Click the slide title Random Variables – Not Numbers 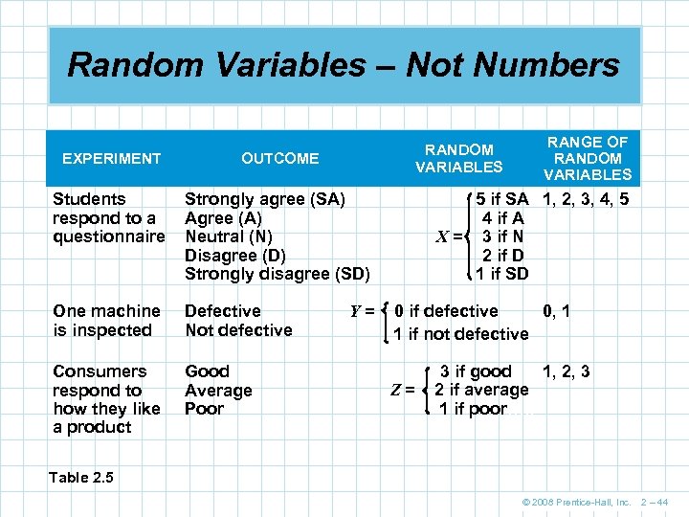[x=344, y=65]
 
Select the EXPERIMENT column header [x=111, y=158]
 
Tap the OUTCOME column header [x=279, y=158]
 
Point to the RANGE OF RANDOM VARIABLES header [x=588, y=158]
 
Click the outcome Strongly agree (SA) [x=264, y=199]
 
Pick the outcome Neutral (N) [x=229, y=236]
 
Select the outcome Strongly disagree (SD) [x=277, y=274]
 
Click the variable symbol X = [x=451, y=236]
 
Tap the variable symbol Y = [x=362, y=310]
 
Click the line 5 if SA [x=502, y=199]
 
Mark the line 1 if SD [x=502, y=274]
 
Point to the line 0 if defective [x=446, y=311]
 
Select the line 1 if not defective [x=461, y=334]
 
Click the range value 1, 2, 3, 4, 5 [x=586, y=200]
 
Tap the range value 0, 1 [x=556, y=310]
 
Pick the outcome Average [x=218, y=391]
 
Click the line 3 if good [x=475, y=371]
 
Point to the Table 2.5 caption [x=83, y=477]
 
